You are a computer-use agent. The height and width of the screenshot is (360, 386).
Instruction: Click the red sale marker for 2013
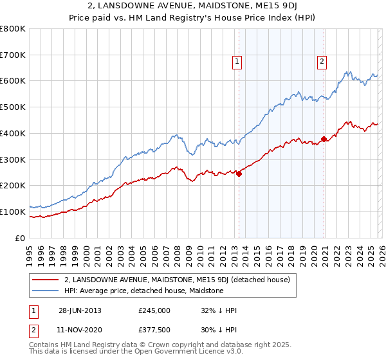tap(239, 173)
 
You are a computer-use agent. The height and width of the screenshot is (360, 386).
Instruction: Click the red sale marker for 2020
tap(324, 138)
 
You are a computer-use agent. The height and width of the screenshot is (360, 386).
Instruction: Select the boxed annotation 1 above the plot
tap(237, 62)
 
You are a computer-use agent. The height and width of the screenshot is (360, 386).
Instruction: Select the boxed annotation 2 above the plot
tap(321, 62)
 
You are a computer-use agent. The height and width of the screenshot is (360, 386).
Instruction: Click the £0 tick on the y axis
tap(21, 238)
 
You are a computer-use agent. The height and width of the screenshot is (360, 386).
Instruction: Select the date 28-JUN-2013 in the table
tap(80, 310)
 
